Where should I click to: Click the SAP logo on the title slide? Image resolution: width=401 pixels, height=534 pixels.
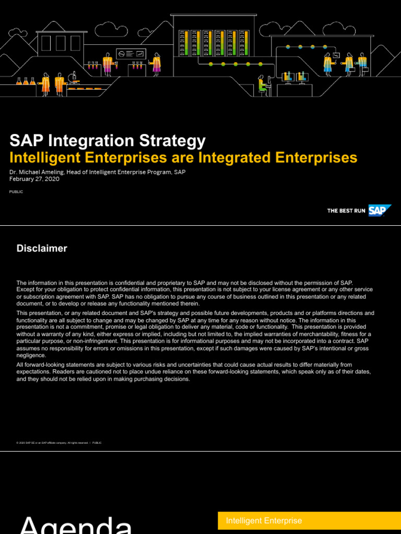click(x=380, y=211)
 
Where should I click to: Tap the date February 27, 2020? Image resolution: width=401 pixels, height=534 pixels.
click(x=34, y=179)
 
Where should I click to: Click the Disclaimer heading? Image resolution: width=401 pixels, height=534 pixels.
click(x=42, y=249)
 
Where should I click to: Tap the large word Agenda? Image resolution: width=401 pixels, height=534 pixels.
click(x=76, y=525)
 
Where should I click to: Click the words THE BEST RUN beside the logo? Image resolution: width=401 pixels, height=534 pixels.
click(x=346, y=211)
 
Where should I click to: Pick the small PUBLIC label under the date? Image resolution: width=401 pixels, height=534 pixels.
click(x=16, y=192)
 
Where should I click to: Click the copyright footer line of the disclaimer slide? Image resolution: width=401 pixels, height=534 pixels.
click(x=59, y=443)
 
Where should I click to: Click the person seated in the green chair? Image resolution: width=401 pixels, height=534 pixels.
click(x=262, y=85)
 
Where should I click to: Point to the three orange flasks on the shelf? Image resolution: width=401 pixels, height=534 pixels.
click(x=26, y=81)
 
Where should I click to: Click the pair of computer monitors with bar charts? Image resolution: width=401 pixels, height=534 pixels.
click(x=295, y=77)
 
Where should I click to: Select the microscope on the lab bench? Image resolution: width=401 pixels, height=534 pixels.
click(x=73, y=78)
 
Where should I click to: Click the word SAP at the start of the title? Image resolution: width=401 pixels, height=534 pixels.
click(x=26, y=141)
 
